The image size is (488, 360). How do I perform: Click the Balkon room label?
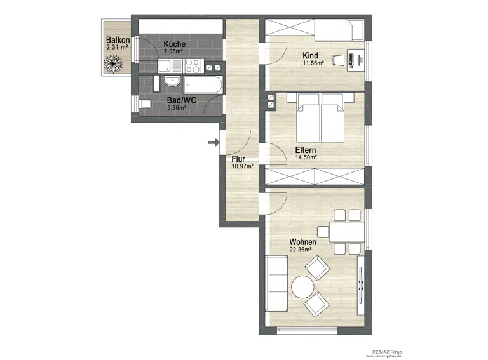coord(118,40)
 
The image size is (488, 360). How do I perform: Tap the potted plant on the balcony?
coord(113,63)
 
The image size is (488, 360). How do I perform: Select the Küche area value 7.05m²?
coord(173,51)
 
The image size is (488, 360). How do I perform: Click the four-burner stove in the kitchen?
coord(193,66)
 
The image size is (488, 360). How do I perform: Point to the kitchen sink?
coord(170,66)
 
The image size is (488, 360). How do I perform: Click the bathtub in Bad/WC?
coord(203,84)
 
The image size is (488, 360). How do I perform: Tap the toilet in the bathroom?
coord(144,103)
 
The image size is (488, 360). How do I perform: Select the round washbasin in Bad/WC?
coord(172,81)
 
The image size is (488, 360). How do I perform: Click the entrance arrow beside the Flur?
coord(213,142)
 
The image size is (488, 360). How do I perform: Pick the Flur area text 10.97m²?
coord(243,166)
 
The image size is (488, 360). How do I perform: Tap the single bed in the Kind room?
coord(339,30)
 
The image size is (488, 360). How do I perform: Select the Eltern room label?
coord(306,150)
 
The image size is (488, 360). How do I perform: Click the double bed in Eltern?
coord(320,117)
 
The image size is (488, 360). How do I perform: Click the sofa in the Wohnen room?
coord(276,283)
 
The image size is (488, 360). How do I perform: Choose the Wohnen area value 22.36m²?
coord(301,250)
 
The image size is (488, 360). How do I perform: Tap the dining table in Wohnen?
coord(347,232)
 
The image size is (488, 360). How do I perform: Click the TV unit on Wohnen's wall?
coord(361,285)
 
